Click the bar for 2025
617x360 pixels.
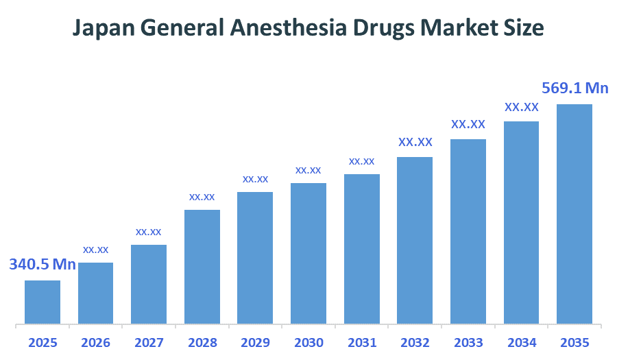(x=43, y=302)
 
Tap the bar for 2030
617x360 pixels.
(x=308, y=253)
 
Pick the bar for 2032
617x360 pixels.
(x=415, y=240)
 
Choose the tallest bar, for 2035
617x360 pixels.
(x=574, y=213)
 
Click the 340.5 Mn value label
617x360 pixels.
(x=43, y=265)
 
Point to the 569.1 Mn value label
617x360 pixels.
(x=574, y=88)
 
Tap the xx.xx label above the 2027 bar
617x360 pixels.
(x=149, y=232)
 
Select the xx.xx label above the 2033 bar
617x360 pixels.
(x=468, y=125)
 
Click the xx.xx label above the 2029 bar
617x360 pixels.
(x=255, y=179)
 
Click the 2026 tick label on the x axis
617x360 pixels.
(x=95, y=342)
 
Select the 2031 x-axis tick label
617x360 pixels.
(x=361, y=342)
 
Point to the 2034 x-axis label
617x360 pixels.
(x=521, y=342)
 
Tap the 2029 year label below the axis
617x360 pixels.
(x=255, y=342)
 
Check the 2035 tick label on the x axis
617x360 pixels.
(x=574, y=342)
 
